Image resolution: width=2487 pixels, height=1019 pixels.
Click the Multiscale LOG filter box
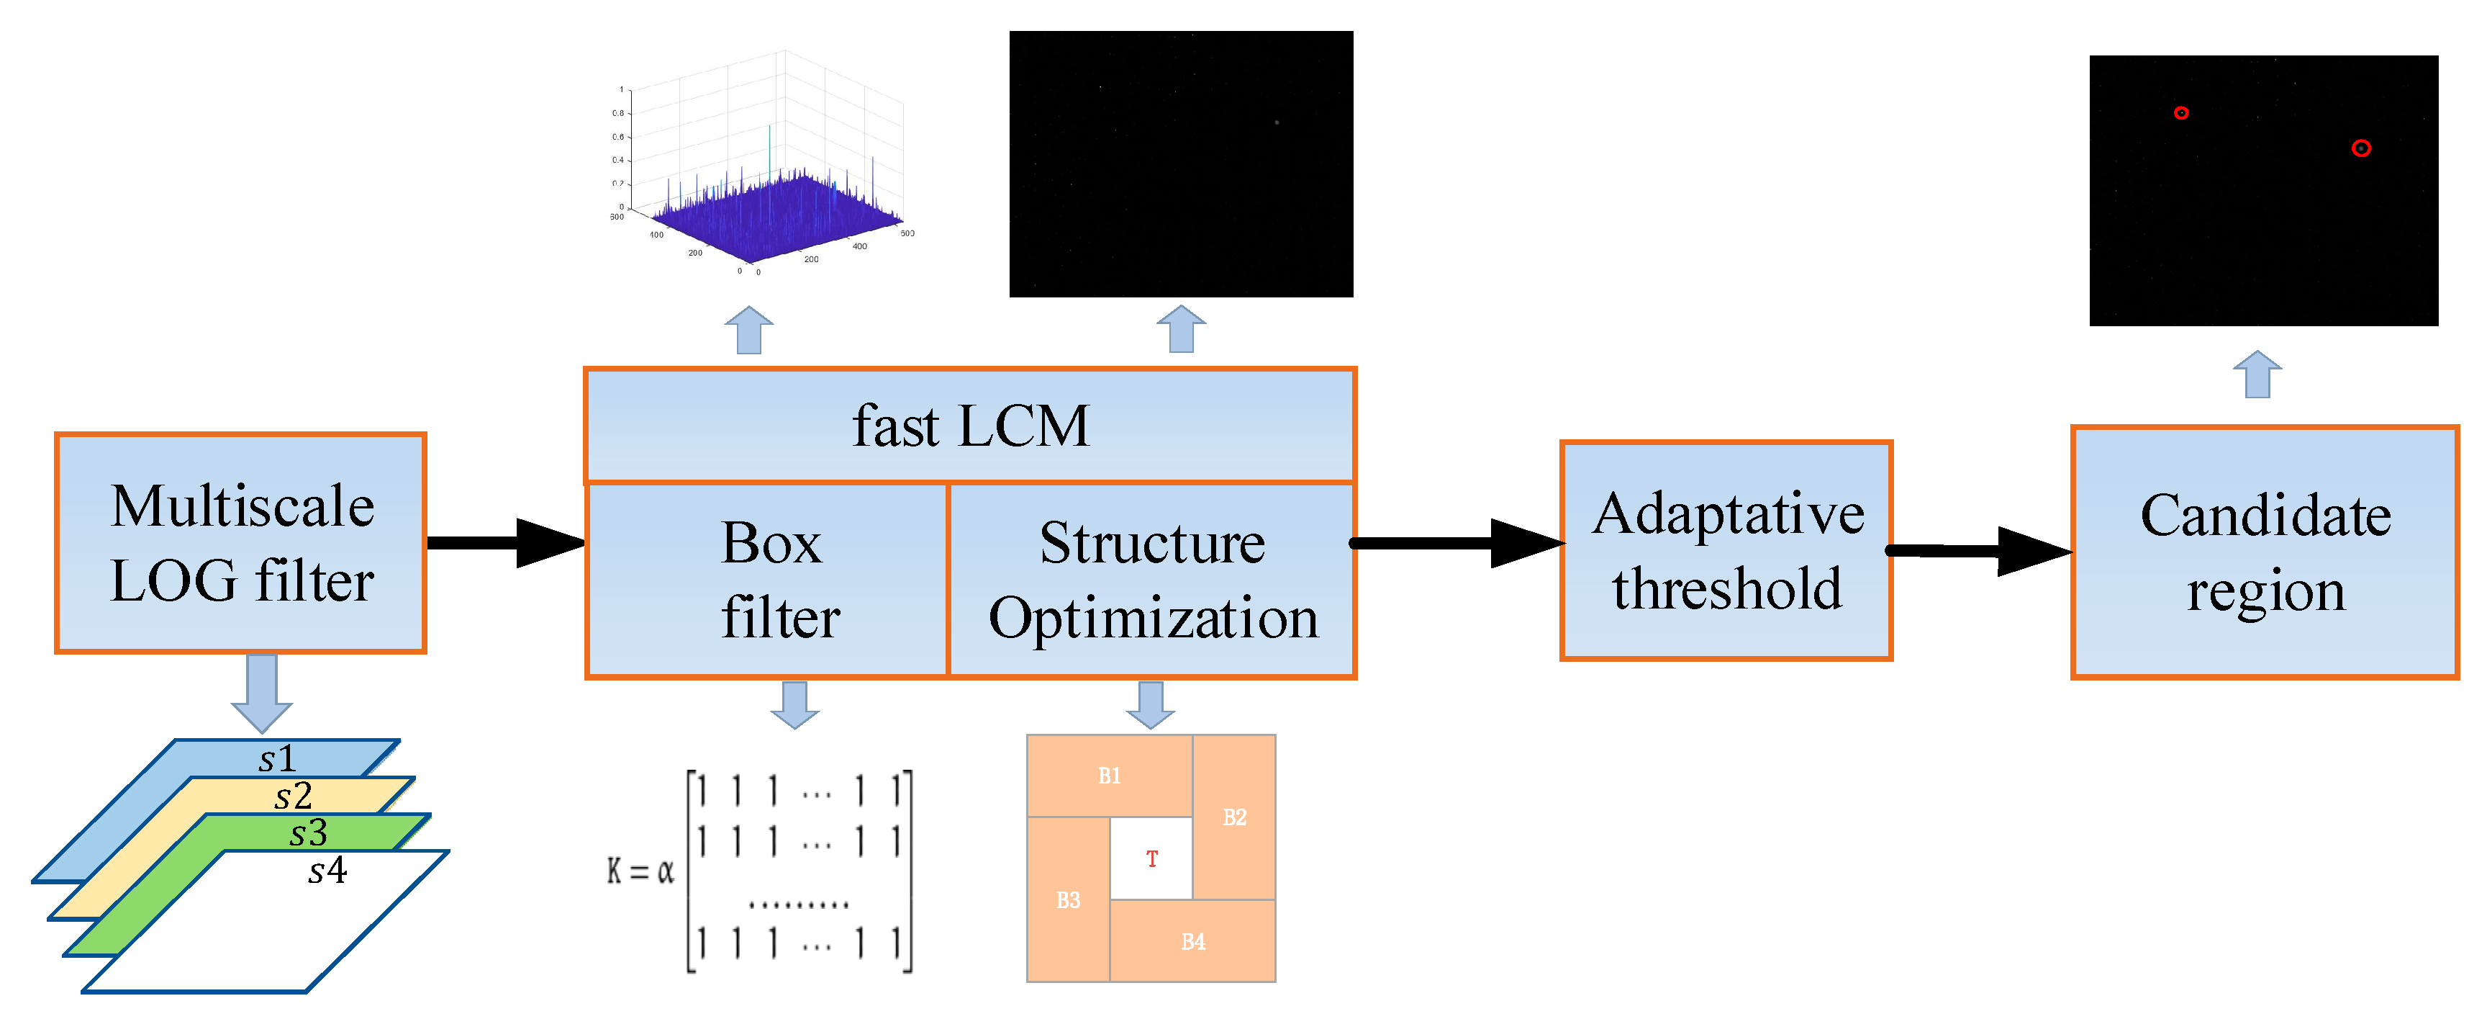click(240, 543)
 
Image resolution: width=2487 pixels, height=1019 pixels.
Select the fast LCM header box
click(970, 426)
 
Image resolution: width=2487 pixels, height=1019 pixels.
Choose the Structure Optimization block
click(1153, 580)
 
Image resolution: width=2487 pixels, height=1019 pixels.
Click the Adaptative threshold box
click(1726, 551)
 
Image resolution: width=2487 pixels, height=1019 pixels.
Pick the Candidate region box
click(2265, 552)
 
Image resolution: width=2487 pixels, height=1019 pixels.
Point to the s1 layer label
click(277, 758)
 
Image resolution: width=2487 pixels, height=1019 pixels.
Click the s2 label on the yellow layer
click(293, 796)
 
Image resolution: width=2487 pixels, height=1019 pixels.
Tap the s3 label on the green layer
click(308, 832)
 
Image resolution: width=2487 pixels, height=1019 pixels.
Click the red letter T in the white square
click(1152, 858)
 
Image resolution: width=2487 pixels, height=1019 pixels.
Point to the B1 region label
click(1110, 776)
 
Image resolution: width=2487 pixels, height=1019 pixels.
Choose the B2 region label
click(1235, 817)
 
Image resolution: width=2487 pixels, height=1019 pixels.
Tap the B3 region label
click(1068, 900)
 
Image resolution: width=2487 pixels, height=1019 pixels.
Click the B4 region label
click(1193, 942)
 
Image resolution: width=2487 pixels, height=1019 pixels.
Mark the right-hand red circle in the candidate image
click(2360, 148)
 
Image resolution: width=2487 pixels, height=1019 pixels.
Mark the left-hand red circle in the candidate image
click(2181, 113)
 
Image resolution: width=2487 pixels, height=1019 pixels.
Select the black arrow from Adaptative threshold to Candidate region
click(1979, 552)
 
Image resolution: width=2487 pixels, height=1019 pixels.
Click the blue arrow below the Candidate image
click(2257, 374)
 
